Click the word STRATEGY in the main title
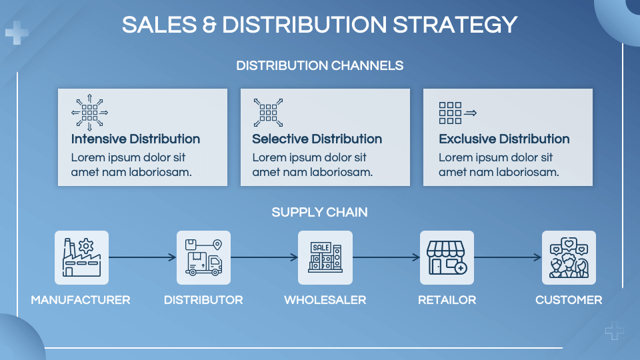pos(455,25)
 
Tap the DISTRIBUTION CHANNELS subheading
pos(319,66)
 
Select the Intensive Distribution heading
pos(135,139)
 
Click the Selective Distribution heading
pos(317,139)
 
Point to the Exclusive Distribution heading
pos(504,139)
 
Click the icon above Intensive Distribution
pos(90,113)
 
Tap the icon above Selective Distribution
pos(268,113)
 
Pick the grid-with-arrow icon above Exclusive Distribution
pos(457,113)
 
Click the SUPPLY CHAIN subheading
pos(319,212)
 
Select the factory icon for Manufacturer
pos(81,257)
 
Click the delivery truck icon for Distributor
pos(204,257)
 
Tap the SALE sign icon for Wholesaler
pos(325,257)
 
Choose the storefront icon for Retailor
pos(447,257)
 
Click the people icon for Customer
pos(569,257)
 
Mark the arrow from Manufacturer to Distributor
pos(143,257)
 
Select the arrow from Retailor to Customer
pos(508,257)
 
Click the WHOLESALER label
pos(325,300)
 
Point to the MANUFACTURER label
pos(81,300)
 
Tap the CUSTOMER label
pos(569,300)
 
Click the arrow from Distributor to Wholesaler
pos(264,257)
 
